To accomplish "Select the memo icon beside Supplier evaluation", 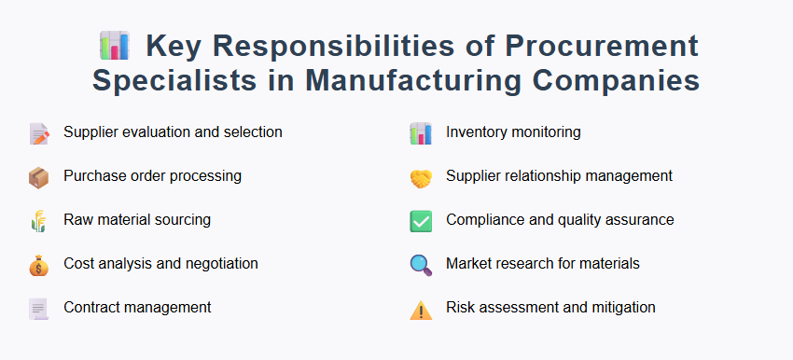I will click(x=38, y=133).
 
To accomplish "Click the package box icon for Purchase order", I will click(x=38, y=177).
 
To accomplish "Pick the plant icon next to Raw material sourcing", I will click(x=38, y=221).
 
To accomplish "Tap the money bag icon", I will click(x=38, y=265).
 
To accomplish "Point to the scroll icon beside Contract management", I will click(x=38, y=309).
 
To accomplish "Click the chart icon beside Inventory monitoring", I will click(x=421, y=133).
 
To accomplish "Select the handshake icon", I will click(x=421, y=177).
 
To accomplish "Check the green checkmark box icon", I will click(x=421, y=221).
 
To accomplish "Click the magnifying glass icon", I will click(x=421, y=265).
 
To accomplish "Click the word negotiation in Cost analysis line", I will click(x=217, y=264).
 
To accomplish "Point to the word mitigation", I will click(x=622, y=308).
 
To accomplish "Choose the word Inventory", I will click(x=476, y=132).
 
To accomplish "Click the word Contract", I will click(x=90, y=308).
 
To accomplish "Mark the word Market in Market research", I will click(x=468, y=264).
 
